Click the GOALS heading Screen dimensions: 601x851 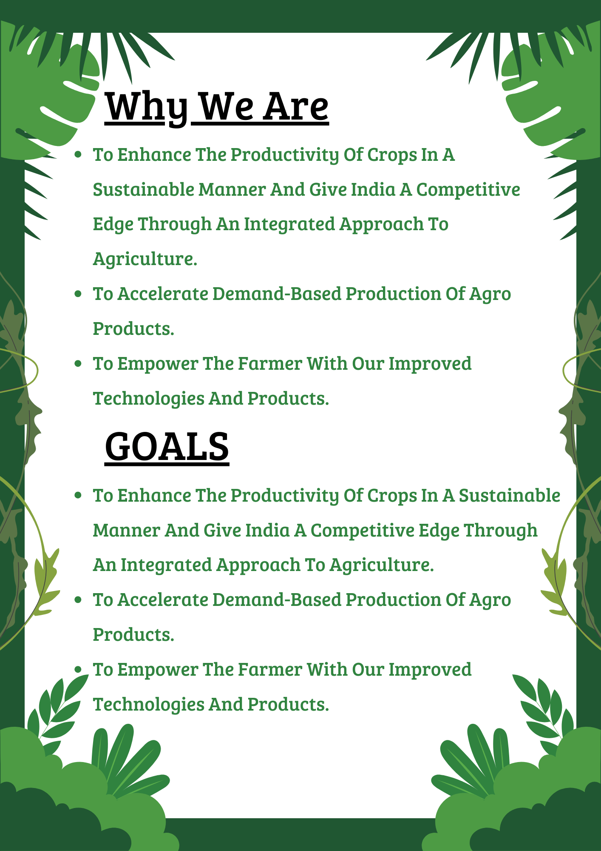coord(167,446)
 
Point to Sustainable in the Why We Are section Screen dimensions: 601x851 coord(144,189)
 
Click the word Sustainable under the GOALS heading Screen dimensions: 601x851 coord(510,495)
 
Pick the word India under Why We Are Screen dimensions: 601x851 coord(374,189)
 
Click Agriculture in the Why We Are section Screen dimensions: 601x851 coord(145,259)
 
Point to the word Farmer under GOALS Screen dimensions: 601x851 coord(270,670)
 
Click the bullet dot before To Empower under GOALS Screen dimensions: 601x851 coord(78,670)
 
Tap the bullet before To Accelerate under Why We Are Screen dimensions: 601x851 coord(78,294)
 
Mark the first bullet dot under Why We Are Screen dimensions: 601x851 coord(78,154)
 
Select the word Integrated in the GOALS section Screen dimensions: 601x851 coord(166,565)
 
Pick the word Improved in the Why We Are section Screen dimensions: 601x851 coord(430,364)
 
